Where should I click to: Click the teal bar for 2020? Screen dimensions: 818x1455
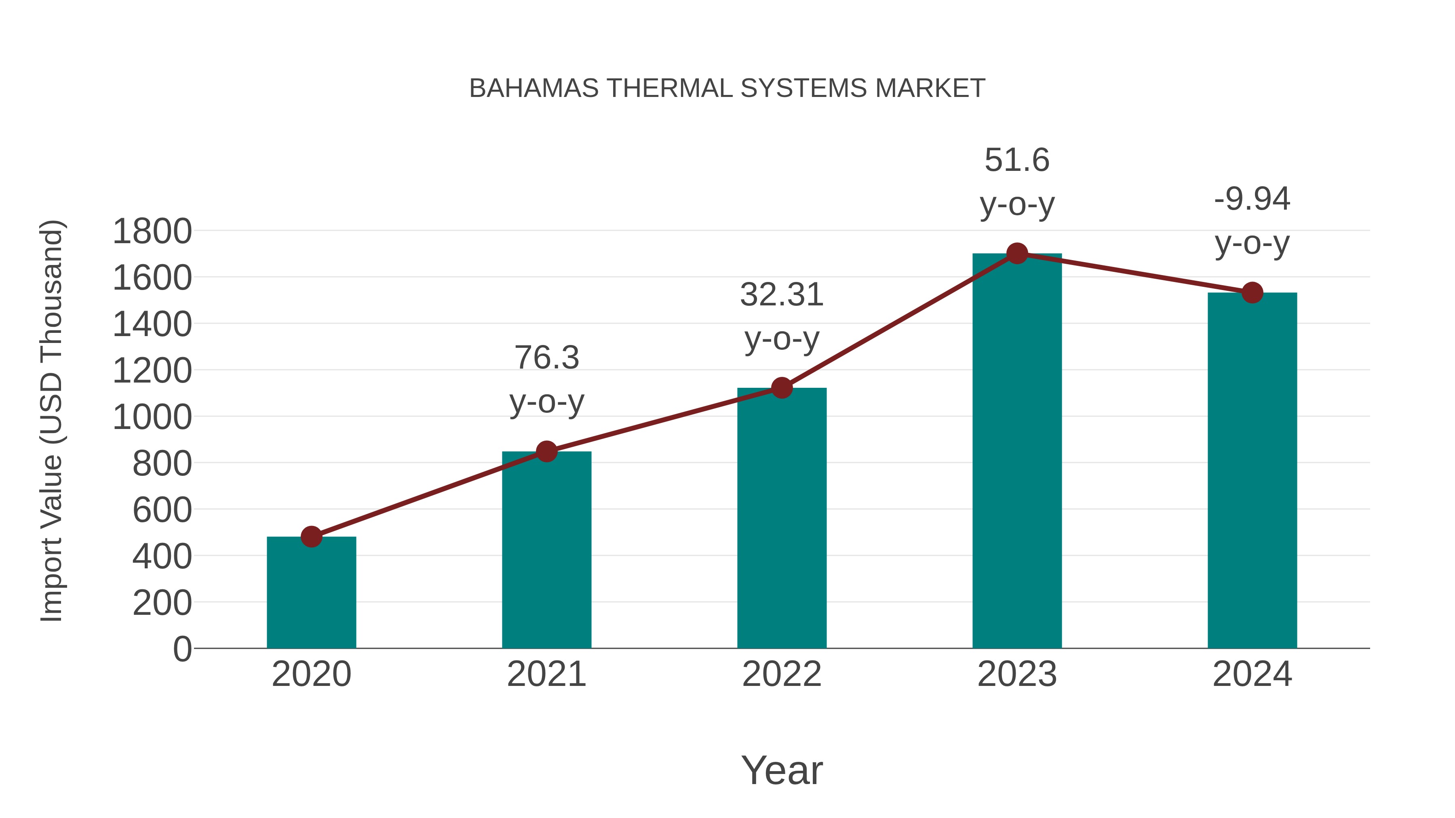point(311,593)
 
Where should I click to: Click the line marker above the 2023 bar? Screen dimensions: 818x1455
point(1017,253)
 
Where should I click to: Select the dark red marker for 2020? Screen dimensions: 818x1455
point(311,537)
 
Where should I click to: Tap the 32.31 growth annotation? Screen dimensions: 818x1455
point(782,295)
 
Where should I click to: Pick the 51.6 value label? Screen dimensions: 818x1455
point(1017,160)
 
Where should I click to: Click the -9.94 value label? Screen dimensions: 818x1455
point(1252,199)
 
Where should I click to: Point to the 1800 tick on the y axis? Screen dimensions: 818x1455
point(152,231)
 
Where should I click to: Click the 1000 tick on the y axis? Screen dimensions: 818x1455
point(152,418)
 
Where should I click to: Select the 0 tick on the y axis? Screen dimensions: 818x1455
point(182,649)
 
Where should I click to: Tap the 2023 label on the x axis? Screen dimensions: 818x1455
point(1017,674)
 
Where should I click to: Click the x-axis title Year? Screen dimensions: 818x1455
point(782,771)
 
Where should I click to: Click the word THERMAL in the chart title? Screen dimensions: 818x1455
point(669,88)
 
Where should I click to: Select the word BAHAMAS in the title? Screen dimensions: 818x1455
point(534,88)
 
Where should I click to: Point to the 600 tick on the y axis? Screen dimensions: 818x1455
point(162,510)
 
